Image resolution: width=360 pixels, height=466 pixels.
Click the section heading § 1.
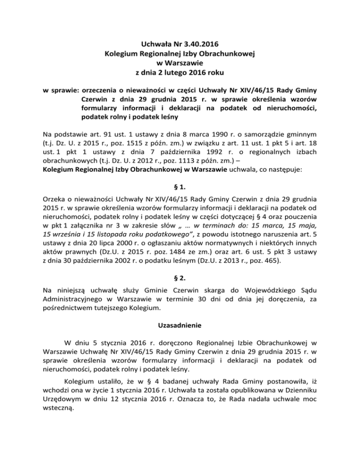point(180,185)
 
